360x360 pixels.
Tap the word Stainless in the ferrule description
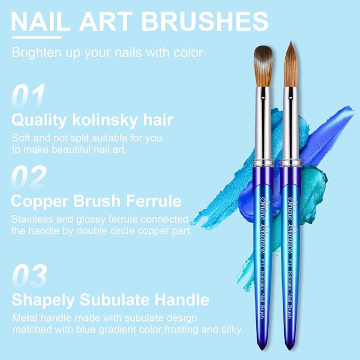coord(33,219)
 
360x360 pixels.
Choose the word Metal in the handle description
coord(25,318)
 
